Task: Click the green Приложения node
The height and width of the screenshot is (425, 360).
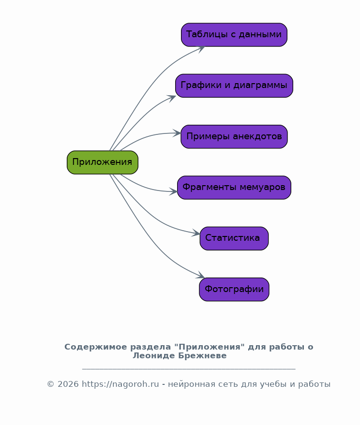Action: pos(103,162)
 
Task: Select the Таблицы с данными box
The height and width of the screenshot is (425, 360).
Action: pos(234,35)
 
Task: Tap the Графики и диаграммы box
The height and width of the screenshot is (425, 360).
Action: pos(234,86)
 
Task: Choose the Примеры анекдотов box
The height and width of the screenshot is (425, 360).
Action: pos(234,137)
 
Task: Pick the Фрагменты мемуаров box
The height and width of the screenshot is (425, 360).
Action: pos(234,188)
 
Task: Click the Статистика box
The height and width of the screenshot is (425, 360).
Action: pos(234,238)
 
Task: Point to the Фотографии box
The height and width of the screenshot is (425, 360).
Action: pos(234,290)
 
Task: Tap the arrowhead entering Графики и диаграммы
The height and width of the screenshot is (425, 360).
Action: pos(172,98)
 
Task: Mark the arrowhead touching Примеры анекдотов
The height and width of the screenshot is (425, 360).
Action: pos(177,133)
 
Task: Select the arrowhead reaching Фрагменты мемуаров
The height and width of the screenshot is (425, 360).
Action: pos(174,191)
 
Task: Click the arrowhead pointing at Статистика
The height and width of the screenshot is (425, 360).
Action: pos(196,233)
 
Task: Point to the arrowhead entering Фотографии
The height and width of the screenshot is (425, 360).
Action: pos(201,275)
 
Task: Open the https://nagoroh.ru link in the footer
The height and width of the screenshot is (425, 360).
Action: pos(120,384)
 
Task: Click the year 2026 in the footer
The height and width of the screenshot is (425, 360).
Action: pos(68,384)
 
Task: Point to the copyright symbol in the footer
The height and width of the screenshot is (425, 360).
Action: pos(51,384)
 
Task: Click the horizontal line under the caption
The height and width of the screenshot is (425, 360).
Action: pos(189,369)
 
